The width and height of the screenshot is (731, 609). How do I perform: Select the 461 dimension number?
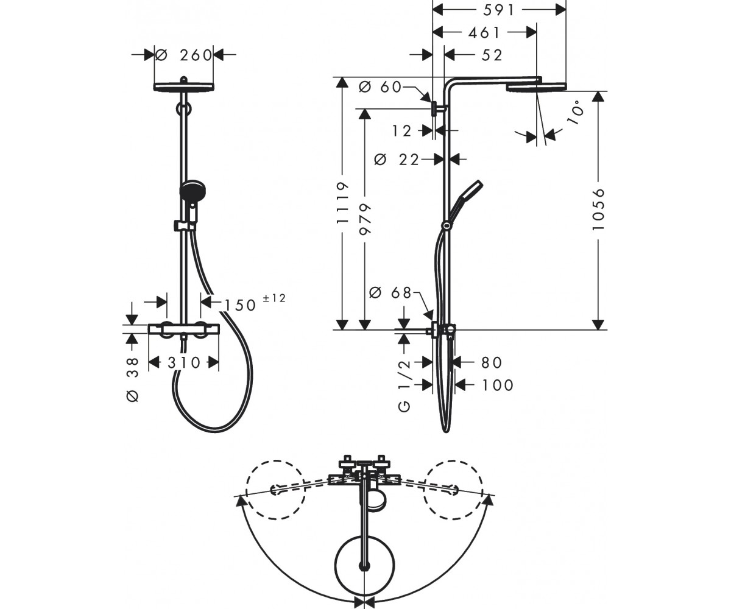click(x=484, y=32)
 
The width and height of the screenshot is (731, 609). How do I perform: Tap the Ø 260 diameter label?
click(x=184, y=55)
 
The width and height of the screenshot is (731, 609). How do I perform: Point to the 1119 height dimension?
click(x=342, y=203)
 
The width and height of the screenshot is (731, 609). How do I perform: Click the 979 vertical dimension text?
click(x=365, y=219)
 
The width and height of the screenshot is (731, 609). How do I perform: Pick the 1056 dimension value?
click(x=599, y=209)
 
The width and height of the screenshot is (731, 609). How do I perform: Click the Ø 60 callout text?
click(x=380, y=87)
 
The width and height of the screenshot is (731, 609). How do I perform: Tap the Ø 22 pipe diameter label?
click(x=397, y=160)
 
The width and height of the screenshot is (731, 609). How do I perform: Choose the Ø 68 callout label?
click(x=390, y=292)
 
